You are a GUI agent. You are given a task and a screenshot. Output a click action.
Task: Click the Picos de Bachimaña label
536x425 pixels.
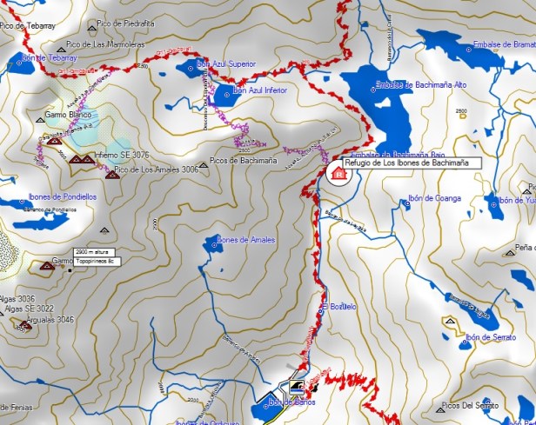[x=243, y=162]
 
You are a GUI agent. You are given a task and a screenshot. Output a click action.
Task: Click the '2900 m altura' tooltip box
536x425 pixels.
[x=95, y=252]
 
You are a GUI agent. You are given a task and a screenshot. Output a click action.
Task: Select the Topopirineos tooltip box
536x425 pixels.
[x=95, y=261]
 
